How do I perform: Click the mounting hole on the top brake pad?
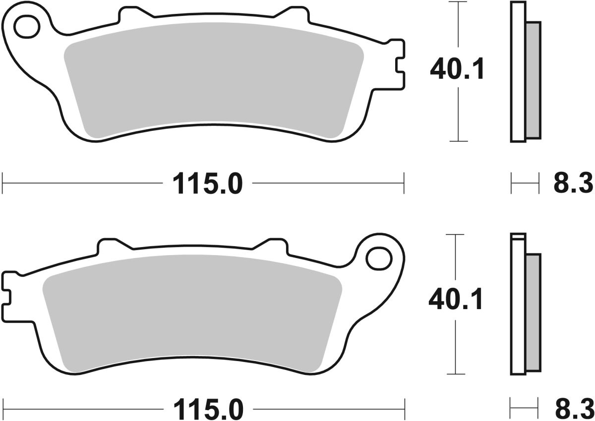26,27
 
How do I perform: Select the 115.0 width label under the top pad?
208,184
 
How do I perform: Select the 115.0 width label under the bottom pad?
208,410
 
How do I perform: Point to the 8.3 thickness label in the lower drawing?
573,410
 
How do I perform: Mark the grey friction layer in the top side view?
533,79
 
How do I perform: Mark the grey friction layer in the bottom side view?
533,312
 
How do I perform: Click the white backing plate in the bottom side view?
518,307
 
